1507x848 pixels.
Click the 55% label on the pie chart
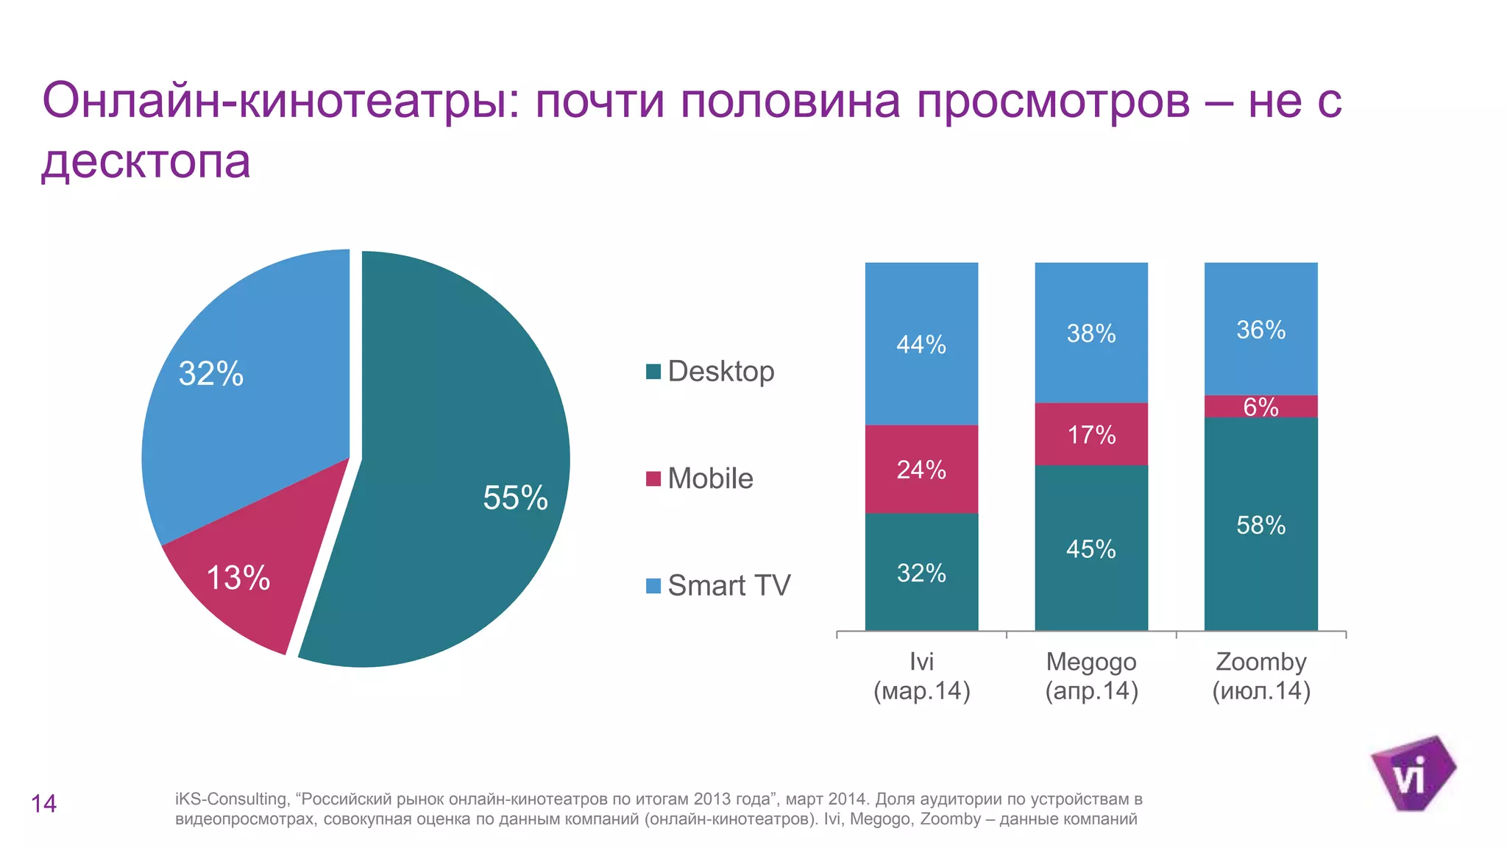pyautogui.click(x=515, y=498)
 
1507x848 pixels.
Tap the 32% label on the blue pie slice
pyautogui.click(x=211, y=373)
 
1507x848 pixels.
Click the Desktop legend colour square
pyautogui.click(x=653, y=372)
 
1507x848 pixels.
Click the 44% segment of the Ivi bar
pyautogui.click(x=921, y=344)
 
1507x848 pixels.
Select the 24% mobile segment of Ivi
pyautogui.click(x=921, y=470)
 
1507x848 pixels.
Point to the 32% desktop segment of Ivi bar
pyautogui.click(x=921, y=573)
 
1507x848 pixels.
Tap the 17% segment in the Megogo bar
pyautogui.click(x=1091, y=434)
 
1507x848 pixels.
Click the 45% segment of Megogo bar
pyautogui.click(x=1091, y=548)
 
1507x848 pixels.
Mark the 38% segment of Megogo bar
pyautogui.click(x=1091, y=333)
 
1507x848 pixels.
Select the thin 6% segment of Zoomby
pyautogui.click(x=1260, y=406)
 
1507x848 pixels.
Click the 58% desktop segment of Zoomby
pyautogui.click(x=1260, y=525)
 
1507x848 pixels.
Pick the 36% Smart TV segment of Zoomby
pyautogui.click(x=1260, y=330)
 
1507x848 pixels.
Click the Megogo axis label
pyautogui.click(x=1091, y=676)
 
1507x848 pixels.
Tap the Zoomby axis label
pyautogui.click(x=1260, y=676)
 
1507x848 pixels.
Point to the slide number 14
pyautogui.click(x=43, y=803)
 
